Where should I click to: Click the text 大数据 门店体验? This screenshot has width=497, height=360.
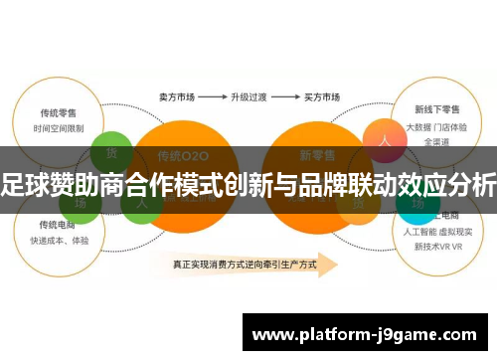437,128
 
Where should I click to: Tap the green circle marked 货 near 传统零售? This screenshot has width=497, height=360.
110,154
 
